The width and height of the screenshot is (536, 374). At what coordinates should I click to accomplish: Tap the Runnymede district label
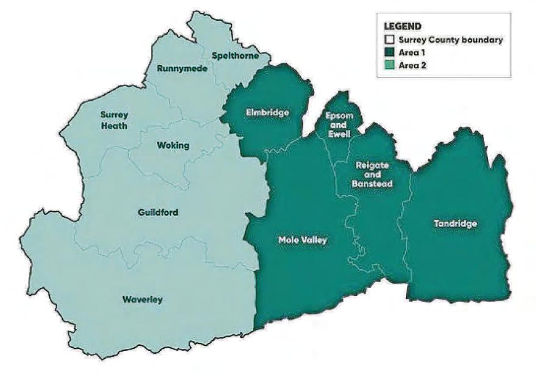(182, 68)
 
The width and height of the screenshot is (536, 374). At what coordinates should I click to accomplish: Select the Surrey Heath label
(115, 120)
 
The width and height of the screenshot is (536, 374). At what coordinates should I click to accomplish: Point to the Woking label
(173, 145)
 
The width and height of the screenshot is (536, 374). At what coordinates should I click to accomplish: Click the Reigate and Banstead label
(373, 174)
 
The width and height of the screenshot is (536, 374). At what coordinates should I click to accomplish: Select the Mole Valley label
(303, 240)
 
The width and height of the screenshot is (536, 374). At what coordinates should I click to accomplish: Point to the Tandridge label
(455, 224)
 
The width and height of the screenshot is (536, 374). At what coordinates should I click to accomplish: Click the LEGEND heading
(403, 27)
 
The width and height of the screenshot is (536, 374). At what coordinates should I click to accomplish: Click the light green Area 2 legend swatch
(388, 63)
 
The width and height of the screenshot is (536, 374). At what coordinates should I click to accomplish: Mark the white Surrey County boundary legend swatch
(388, 40)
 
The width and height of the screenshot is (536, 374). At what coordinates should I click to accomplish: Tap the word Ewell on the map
(338, 134)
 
